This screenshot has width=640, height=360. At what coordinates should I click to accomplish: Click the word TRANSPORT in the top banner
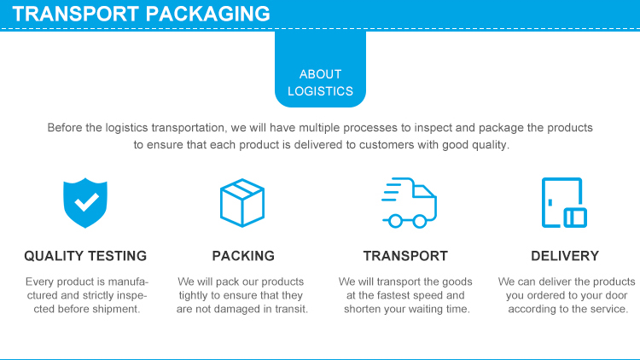pyautogui.click(x=74, y=14)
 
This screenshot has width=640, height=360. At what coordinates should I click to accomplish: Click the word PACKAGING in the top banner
pyautogui.click(x=207, y=14)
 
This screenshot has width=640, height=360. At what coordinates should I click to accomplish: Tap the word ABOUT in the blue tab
pyautogui.click(x=320, y=74)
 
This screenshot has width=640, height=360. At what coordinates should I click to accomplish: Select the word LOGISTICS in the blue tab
pyautogui.click(x=320, y=91)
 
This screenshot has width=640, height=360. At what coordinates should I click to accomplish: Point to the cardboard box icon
pyautogui.click(x=243, y=203)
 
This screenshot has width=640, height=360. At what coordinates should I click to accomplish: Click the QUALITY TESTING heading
pyautogui.click(x=85, y=256)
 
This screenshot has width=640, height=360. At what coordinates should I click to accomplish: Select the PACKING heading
pyautogui.click(x=243, y=256)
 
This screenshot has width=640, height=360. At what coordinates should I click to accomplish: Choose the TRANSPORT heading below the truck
pyautogui.click(x=405, y=256)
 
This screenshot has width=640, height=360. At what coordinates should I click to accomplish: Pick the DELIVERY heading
pyautogui.click(x=565, y=256)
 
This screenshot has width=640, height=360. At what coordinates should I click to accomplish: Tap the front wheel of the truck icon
pyautogui.click(x=420, y=221)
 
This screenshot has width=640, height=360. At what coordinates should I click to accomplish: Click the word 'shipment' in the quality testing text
pyautogui.click(x=116, y=309)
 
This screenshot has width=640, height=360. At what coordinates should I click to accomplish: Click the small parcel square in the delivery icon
pyautogui.click(x=575, y=218)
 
